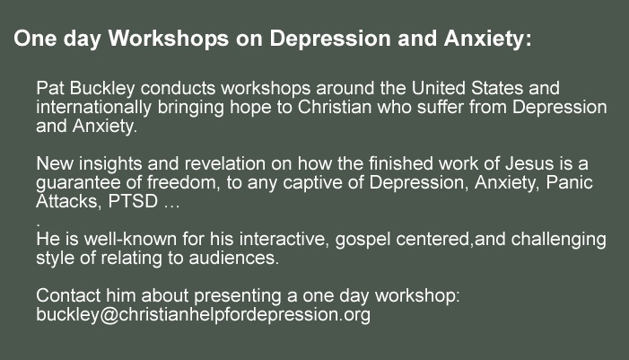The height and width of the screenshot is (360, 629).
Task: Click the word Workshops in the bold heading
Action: click(169, 39)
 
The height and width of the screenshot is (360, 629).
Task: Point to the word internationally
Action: click(94, 108)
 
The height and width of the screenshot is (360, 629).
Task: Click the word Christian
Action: click(335, 107)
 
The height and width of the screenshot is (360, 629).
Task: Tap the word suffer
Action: click(441, 107)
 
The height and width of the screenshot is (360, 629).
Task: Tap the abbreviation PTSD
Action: click(133, 201)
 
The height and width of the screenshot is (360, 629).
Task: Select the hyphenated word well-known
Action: click(130, 239)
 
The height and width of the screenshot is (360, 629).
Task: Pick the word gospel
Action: click(363, 240)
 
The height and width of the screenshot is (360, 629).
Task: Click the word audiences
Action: click(233, 258)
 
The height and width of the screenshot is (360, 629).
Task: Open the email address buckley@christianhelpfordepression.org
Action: click(203, 315)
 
